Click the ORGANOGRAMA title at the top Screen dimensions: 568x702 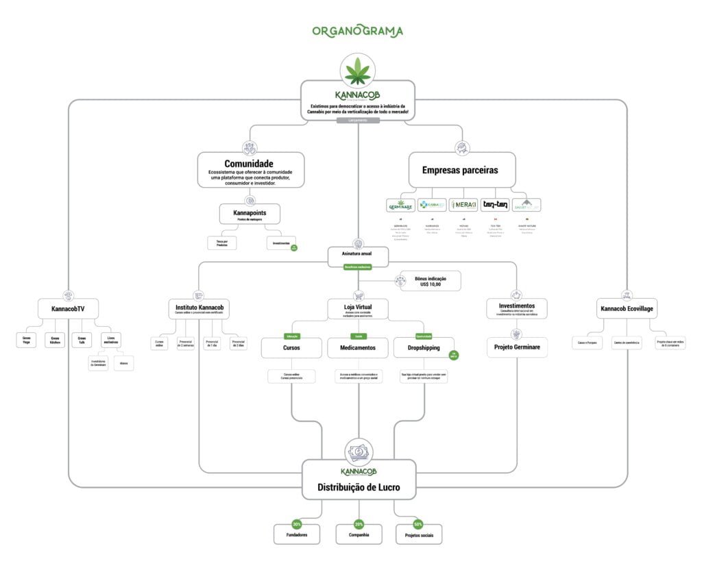[357, 31]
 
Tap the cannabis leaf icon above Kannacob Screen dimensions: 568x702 [358, 70]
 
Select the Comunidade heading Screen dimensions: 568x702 [249, 164]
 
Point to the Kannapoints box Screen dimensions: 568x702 [250, 214]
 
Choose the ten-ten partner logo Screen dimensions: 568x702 [495, 205]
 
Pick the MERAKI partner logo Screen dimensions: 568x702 [463, 205]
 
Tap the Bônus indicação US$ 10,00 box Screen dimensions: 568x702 [431, 280]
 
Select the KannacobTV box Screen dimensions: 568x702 [67, 309]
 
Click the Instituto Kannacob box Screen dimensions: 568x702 [197, 309]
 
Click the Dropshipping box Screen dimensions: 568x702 [424, 347]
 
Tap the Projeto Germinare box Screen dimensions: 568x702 [517, 347]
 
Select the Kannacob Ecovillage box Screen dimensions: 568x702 [627, 309]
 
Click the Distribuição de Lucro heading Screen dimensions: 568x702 [359, 488]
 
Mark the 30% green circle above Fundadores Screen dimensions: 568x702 [296, 524]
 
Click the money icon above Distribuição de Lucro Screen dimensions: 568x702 [359, 453]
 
